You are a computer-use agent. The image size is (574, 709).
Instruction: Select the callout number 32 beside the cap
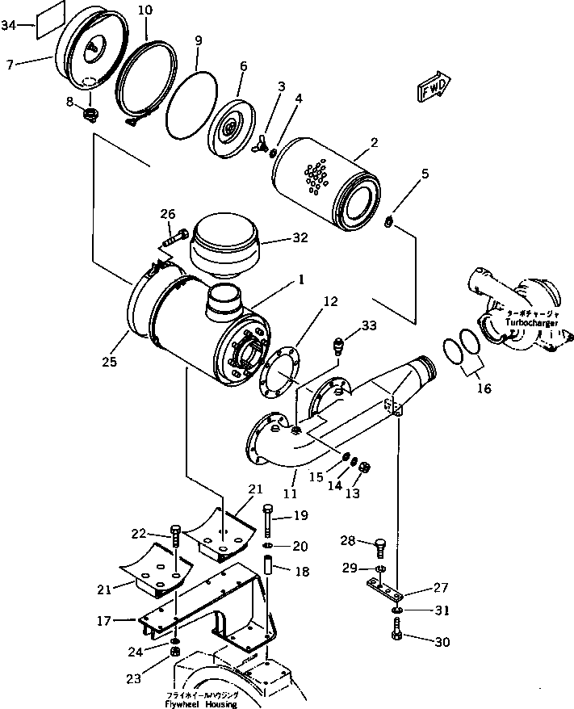pyautogui.click(x=278, y=239)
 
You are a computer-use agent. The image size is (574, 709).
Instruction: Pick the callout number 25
pyautogui.click(x=110, y=362)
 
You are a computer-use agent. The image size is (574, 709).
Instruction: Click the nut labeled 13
pyautogui.click(x=362, y=467)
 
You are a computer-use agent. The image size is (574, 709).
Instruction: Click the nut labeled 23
pyautogui.click(x=174, y=652)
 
